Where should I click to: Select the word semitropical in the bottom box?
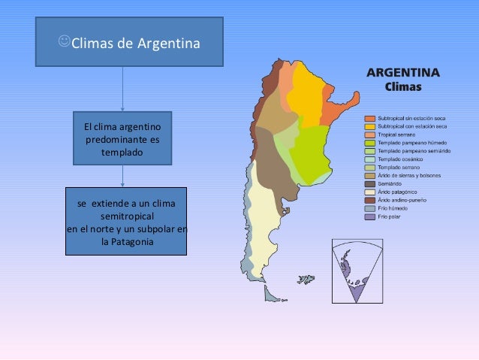click(x=124, y=216)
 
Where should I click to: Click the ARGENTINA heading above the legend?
click(x=402, y=73)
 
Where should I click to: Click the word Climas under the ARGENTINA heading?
click(x=402, y=86)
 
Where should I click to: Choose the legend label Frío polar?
click(x=393, y=217)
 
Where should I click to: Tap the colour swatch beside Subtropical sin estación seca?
click(x=369, y=119)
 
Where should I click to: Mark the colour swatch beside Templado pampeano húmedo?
click(x=369, y=143)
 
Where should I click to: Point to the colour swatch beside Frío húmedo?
click(x=369, y=209)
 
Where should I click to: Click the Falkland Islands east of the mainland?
click(x=306, y=279)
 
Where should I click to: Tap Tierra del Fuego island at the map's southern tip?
click(x=271, y=292)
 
